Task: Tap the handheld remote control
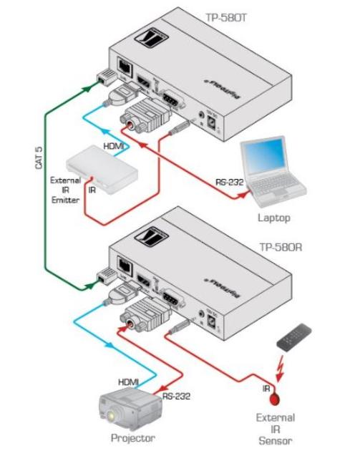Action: pos(295,336)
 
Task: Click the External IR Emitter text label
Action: pos(66,190)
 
